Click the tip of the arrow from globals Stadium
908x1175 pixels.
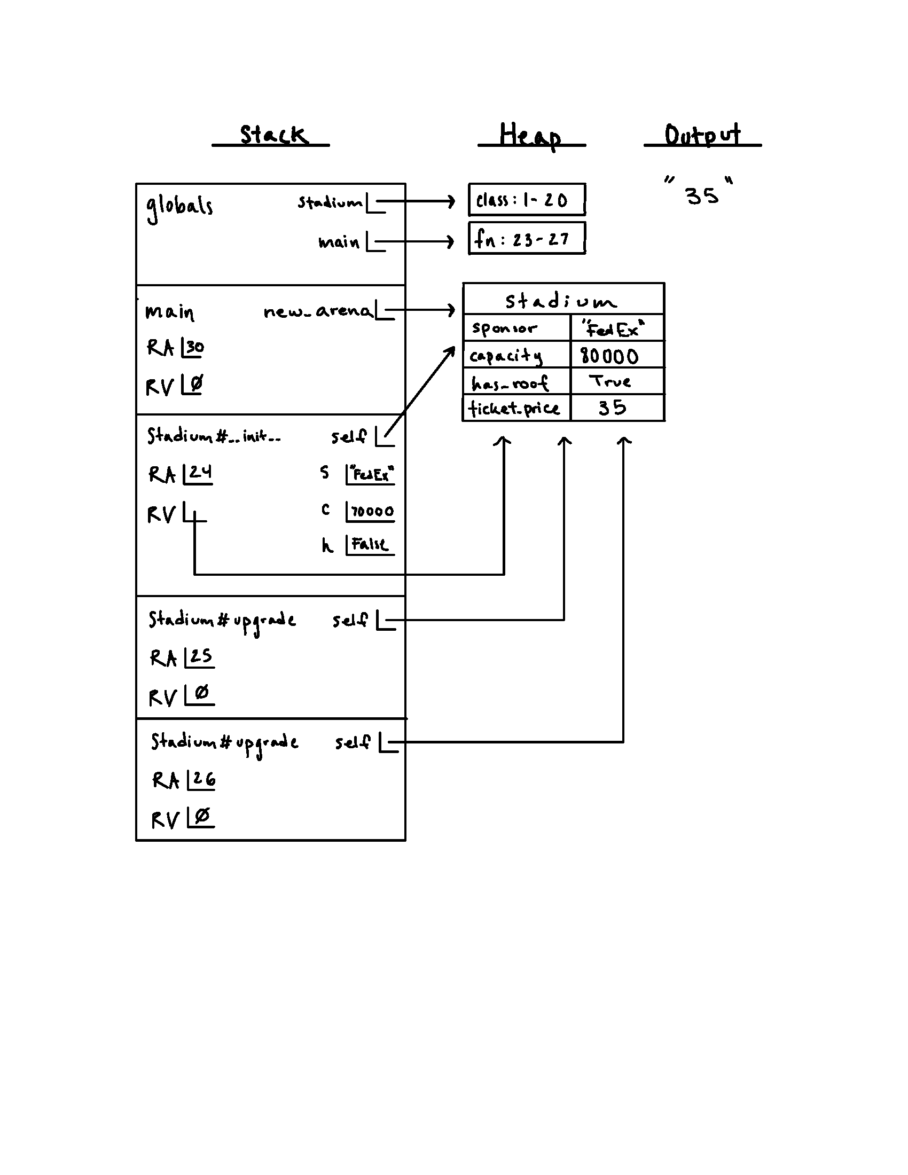pos(455,202)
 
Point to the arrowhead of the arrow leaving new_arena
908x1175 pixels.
pos(455,310)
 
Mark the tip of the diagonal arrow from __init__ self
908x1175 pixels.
pos(455,347)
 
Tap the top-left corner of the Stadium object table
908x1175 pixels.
pos(463,283)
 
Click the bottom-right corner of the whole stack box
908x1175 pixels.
pos(405,840)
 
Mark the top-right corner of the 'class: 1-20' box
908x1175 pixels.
pos(585,184)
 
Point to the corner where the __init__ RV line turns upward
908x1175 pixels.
pos(504,574)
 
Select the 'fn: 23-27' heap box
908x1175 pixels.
pos(527,238)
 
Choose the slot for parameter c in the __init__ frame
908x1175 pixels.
pos(370,511)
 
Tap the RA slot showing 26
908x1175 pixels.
pos(202,780)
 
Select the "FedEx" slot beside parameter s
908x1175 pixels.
pos(370,474)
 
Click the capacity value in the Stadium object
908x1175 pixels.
pos(609,356)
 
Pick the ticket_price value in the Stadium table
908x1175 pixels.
pos(613,408)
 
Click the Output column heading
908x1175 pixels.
pos(702,135)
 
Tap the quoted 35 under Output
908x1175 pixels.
pos(699,192)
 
